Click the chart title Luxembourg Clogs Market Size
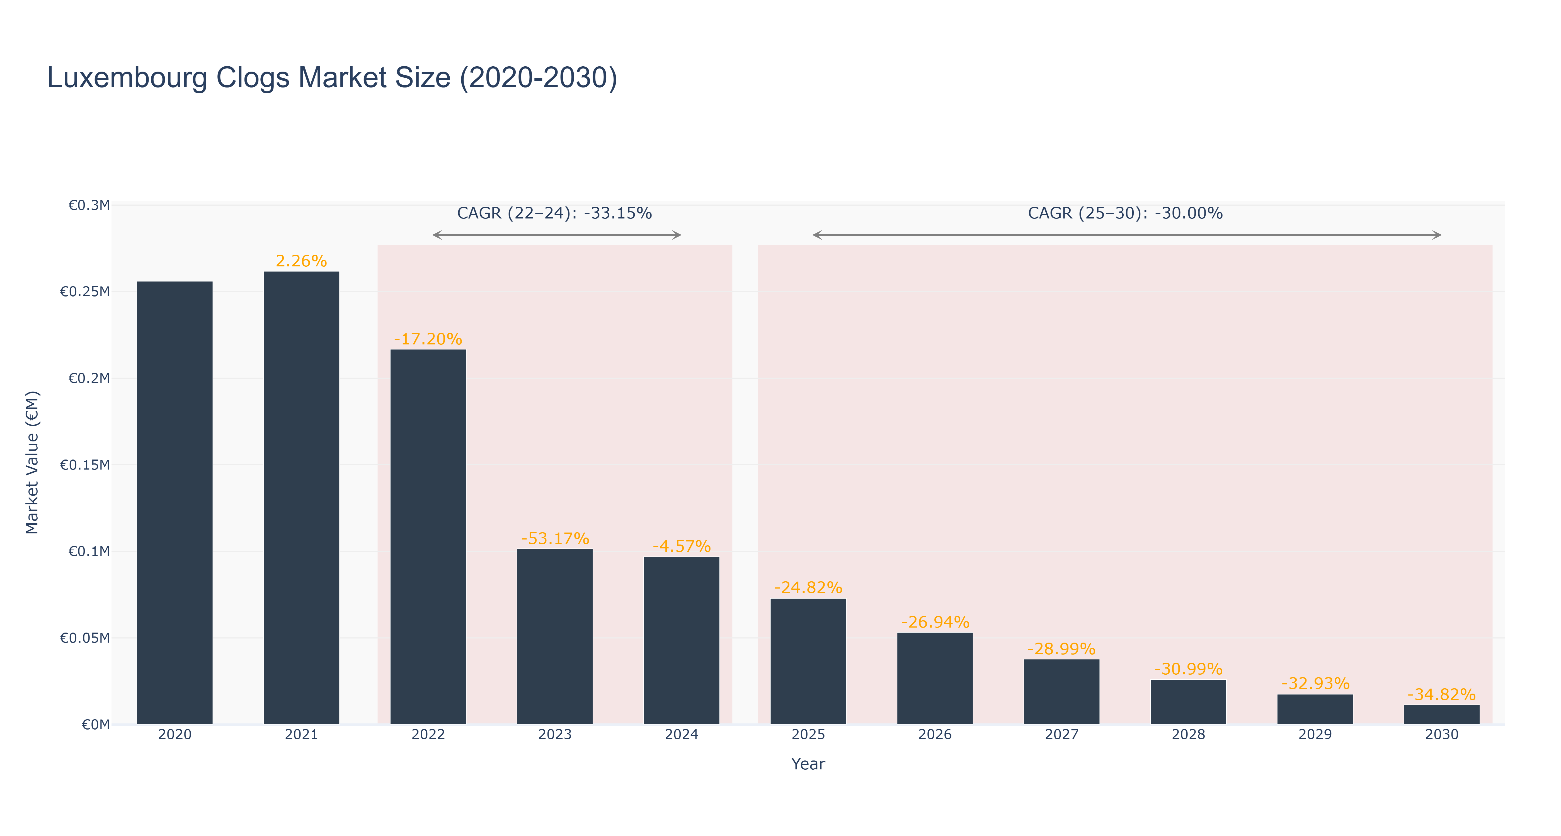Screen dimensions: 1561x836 pos(332,78)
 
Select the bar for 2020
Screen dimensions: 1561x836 pos(174,503)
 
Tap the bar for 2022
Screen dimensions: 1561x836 pos(428,537)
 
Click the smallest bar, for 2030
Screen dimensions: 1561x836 pos(1442,715)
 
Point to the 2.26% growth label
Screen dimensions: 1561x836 pos(301,261)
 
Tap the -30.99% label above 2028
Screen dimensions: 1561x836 pos(1188,669)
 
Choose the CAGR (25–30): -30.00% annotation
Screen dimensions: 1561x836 pos(1125,213)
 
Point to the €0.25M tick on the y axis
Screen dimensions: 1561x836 pos(85,292)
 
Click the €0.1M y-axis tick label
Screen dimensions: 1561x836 pos(89,551)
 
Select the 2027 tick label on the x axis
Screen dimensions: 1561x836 pos(1062,735)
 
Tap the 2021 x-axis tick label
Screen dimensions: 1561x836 pos(301,735)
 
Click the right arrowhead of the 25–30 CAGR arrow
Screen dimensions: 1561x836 pos(1438,235)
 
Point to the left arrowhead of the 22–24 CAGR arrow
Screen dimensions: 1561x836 pos(437,235)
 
